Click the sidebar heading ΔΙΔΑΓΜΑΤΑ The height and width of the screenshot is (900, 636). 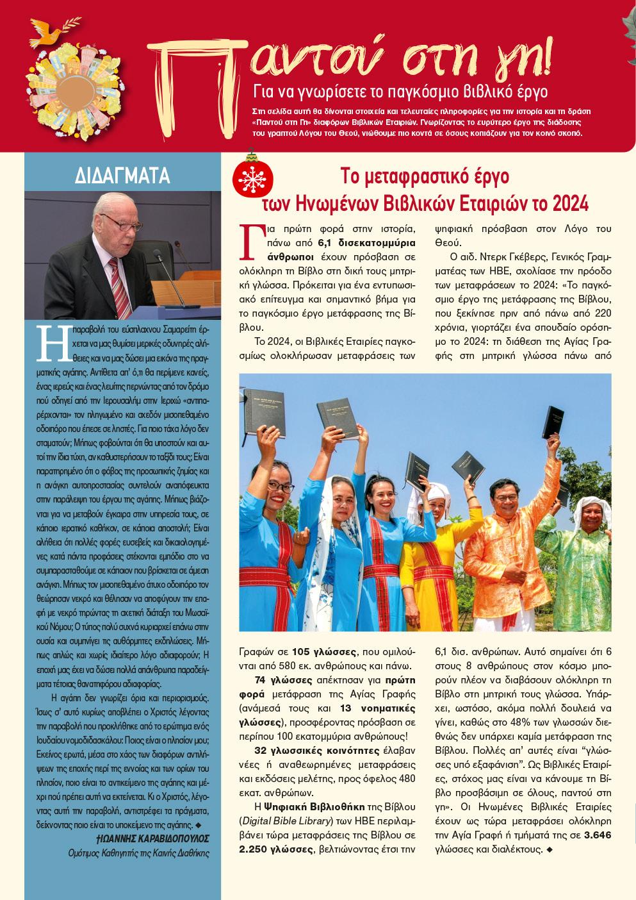click(122, 174)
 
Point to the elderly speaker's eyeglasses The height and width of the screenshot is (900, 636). click(116, 223)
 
